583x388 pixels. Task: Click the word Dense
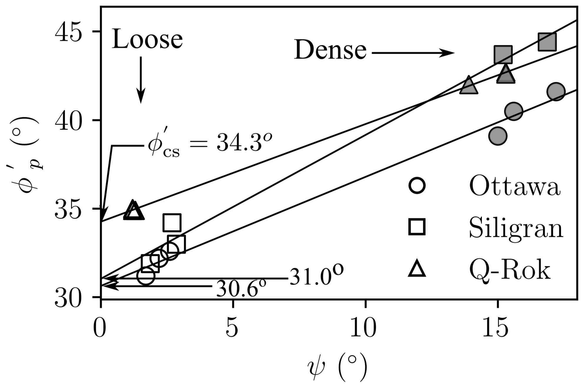[x=330, y=50]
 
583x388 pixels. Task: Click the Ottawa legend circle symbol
[x=417, y=186]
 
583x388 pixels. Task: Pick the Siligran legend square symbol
[x=417, y=227]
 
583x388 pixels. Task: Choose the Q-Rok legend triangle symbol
[x=417, y=269]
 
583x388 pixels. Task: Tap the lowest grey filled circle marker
[x=497, y=136]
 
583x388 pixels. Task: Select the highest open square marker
[x=172, y=223]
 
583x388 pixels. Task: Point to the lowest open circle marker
[x=146, y=276]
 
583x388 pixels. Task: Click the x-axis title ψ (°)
[x=337, y=367]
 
